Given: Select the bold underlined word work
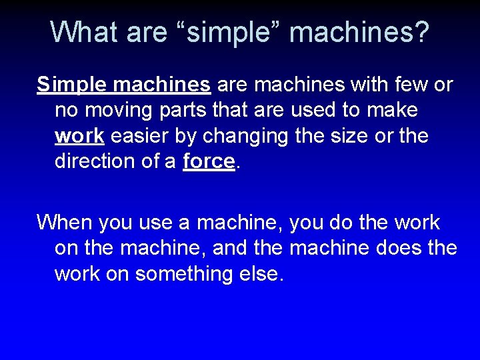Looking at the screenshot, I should click(x=79, y=136).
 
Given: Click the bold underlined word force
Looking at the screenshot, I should click(x=209, y=161).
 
